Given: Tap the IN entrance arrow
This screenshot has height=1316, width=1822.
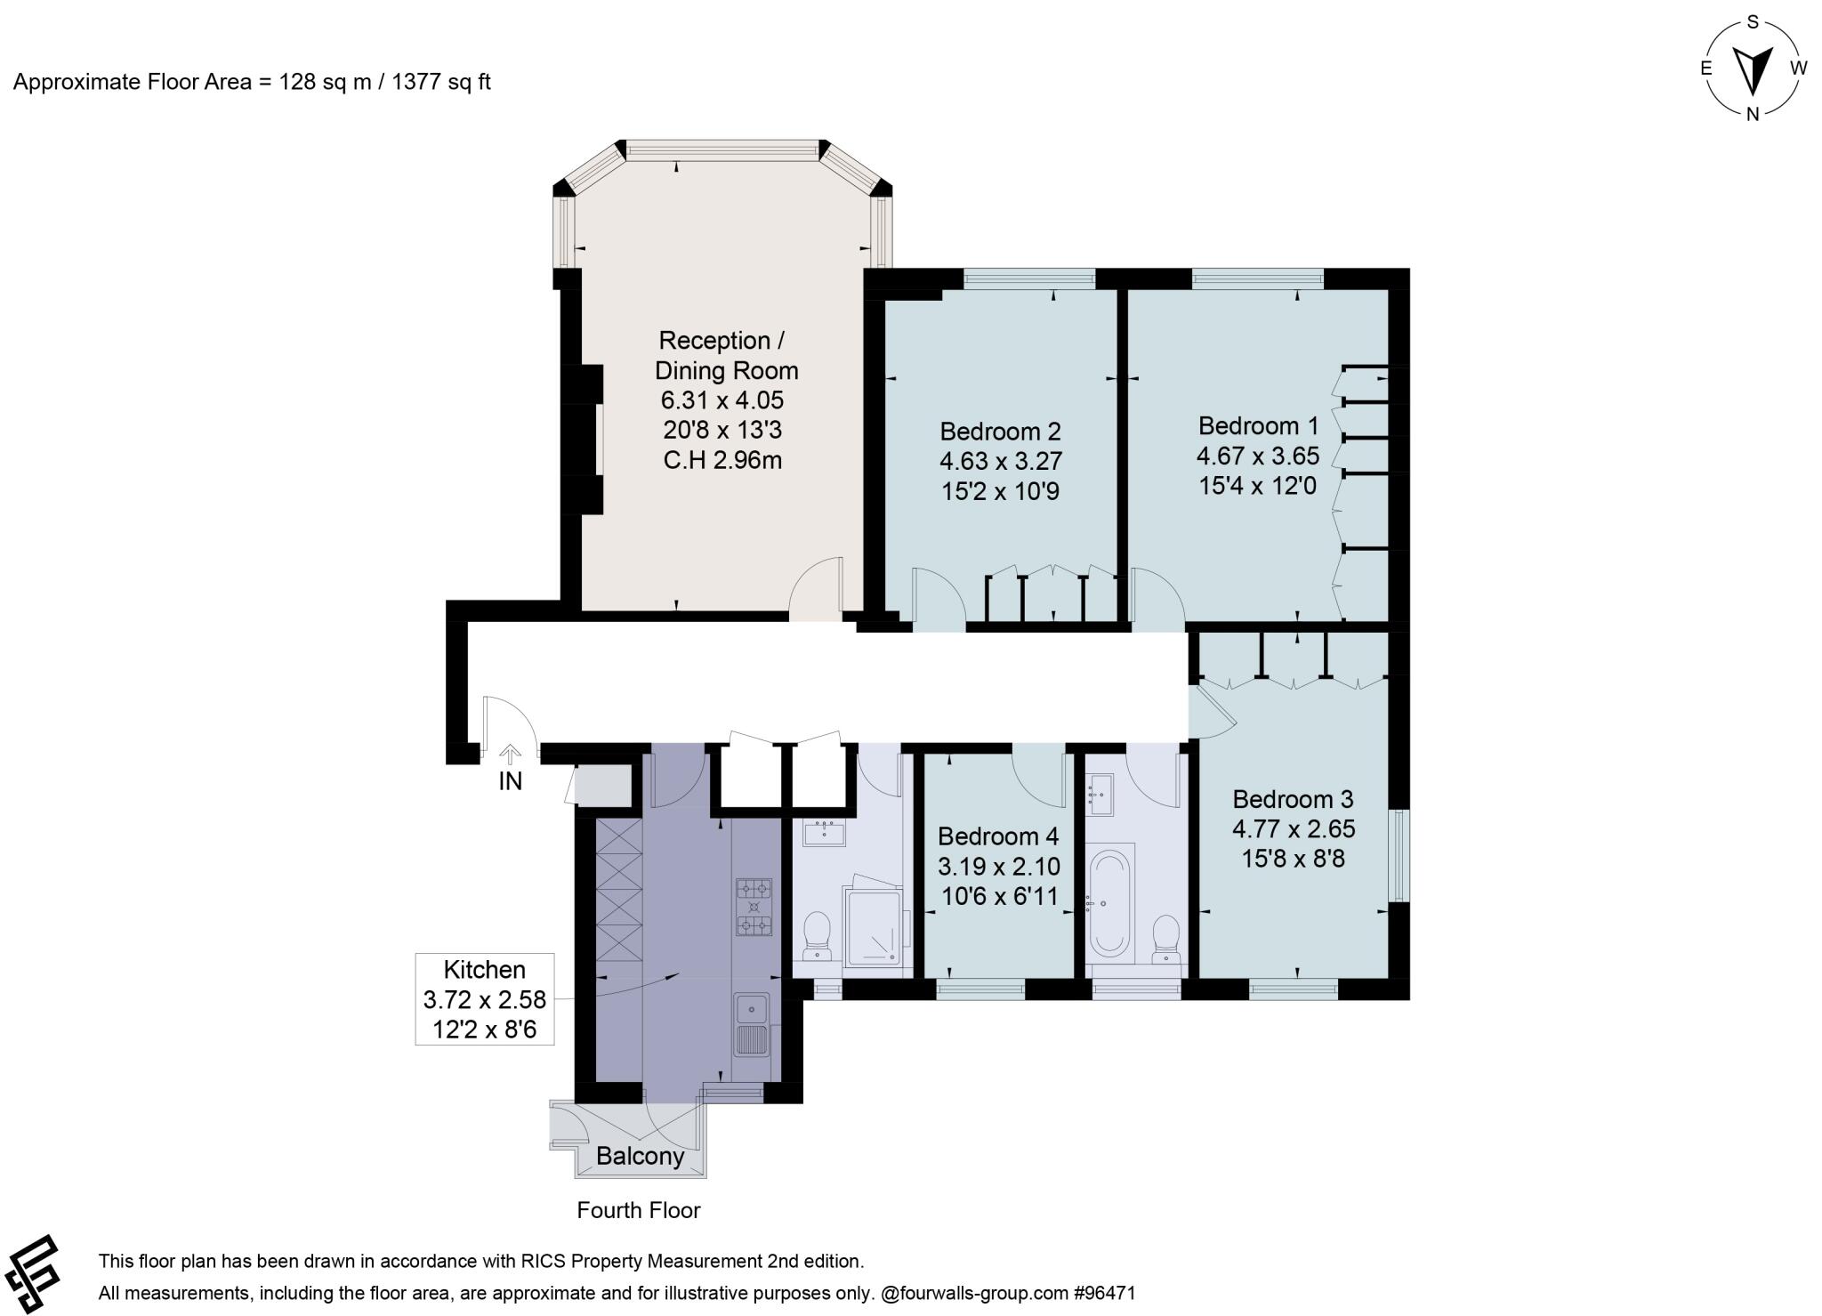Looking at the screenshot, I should pos(510,755).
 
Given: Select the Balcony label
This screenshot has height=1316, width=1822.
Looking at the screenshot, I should pos(640,1156).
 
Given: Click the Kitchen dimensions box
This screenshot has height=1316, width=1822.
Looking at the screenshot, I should pos(485,999).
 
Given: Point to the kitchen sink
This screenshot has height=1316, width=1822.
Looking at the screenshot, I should pos(753,1024).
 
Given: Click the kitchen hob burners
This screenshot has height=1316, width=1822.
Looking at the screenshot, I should pos(754,907).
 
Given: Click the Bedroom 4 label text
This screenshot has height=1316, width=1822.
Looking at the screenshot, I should pos(998,836).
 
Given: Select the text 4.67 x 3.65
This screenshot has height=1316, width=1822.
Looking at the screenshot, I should pos(1257,456).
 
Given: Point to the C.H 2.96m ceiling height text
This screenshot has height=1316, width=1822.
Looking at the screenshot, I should pos(722,461).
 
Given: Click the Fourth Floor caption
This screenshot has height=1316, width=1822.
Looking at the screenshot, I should pos(638,1210).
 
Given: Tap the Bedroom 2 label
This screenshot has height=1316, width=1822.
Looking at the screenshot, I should pos(1000,432).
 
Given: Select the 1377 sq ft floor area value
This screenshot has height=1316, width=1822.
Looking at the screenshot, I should pos(441,82).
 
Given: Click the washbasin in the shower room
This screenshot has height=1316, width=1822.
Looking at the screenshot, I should pos(824,834).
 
